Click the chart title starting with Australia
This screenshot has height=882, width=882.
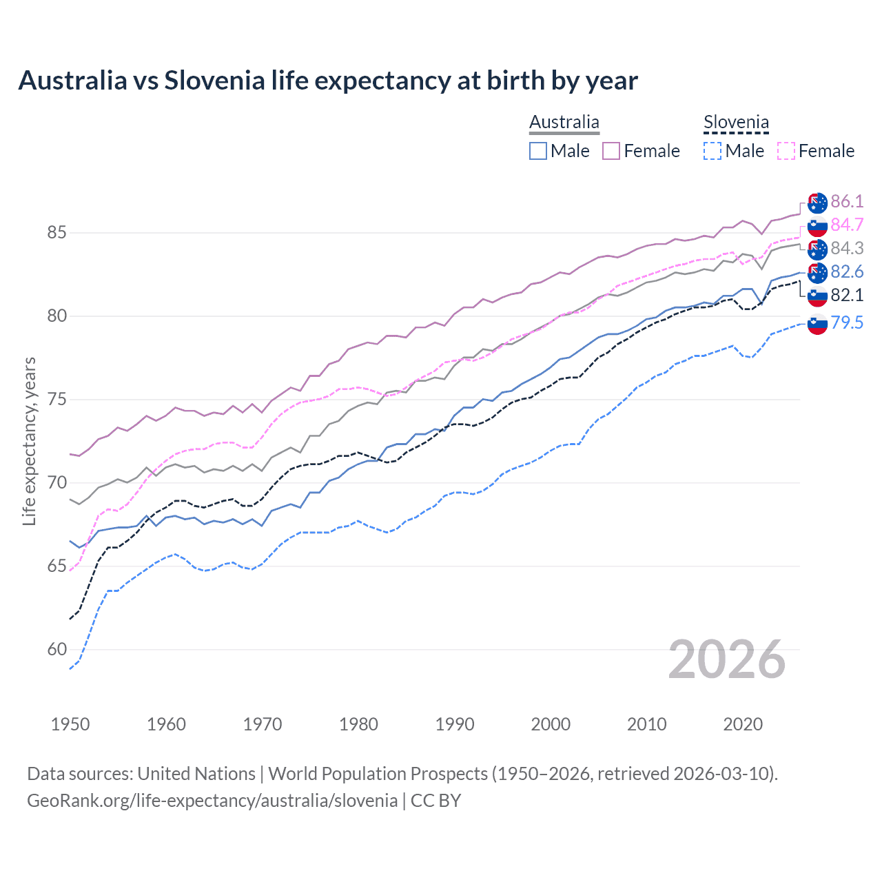328,81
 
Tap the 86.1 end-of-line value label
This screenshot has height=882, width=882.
847,201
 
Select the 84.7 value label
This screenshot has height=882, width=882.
847,225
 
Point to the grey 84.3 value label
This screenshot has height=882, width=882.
847,248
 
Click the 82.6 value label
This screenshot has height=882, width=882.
847,271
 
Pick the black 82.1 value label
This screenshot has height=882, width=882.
847,295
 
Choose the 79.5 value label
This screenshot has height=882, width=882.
847,322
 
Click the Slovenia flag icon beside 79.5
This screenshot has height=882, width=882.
817,323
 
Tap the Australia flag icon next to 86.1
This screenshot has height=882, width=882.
817,203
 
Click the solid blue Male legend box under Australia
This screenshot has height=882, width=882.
538,151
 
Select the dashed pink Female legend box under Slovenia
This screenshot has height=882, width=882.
786,151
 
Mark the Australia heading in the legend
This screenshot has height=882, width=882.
564,123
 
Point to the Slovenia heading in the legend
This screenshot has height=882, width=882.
736,123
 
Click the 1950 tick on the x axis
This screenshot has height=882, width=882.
70,724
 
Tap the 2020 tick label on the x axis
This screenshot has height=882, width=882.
743,724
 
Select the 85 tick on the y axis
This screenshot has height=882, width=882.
57,233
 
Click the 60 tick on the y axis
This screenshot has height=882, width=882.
57,649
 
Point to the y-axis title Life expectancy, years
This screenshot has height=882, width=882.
30,441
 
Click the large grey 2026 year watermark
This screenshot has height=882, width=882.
727,659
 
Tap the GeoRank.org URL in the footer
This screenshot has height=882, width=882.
212,801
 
